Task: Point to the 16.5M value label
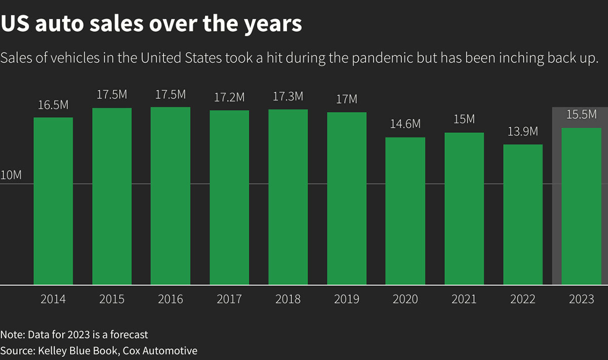coord(53,105)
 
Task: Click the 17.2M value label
coord(230,97)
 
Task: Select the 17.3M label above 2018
coord(288,96)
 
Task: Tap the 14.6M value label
coord(405,124)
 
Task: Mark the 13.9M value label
coord(523,132)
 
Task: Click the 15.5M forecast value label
coord(581,115)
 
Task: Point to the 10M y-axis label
coord(11,175)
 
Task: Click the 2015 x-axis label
coord(111,299)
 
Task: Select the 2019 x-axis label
coord(347,299)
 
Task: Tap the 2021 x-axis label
coord(464,299)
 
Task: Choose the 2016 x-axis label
coord(170,299)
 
